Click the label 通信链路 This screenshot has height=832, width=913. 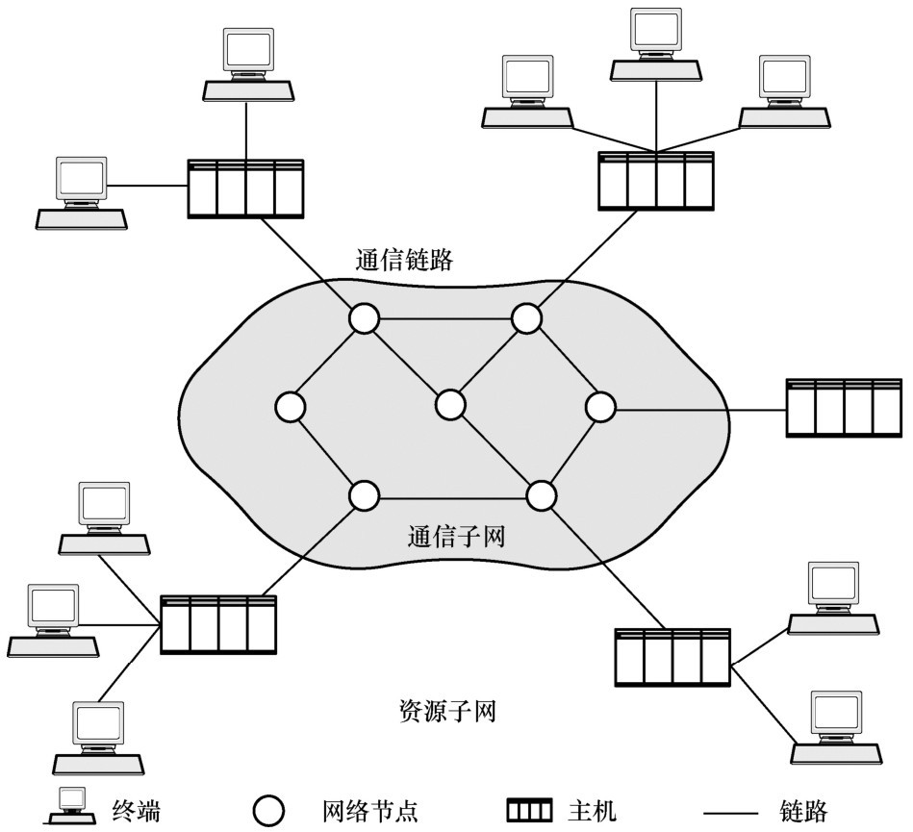[x=404, y=260]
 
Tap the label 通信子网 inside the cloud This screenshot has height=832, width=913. [x=456, y=536]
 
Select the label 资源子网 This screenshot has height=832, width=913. [x=447, y=711]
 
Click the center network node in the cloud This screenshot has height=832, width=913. [x=450, y=405]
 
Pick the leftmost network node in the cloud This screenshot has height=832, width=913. [x=291, y=407]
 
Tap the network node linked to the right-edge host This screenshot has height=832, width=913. [x=599, y=407]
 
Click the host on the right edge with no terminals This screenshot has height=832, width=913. [x=844, y=408]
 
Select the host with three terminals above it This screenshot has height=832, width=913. [x=656, y=181]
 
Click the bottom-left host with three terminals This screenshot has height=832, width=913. [x=218, y=624]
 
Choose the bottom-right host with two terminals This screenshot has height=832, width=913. [x=672, y=657]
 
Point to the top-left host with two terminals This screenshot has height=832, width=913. [x=245, y=189]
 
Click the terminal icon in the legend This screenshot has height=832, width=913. [x=71, y=806]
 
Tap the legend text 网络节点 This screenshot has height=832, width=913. [x=370, y=811]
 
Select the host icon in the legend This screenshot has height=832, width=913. [x=529, y=811]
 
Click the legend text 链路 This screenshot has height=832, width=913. [x=803, y=811]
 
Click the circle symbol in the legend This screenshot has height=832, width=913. [x=269, y=811]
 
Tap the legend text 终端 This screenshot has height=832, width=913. [x=137, y=811]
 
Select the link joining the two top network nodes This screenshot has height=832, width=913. [x=445, y=319]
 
